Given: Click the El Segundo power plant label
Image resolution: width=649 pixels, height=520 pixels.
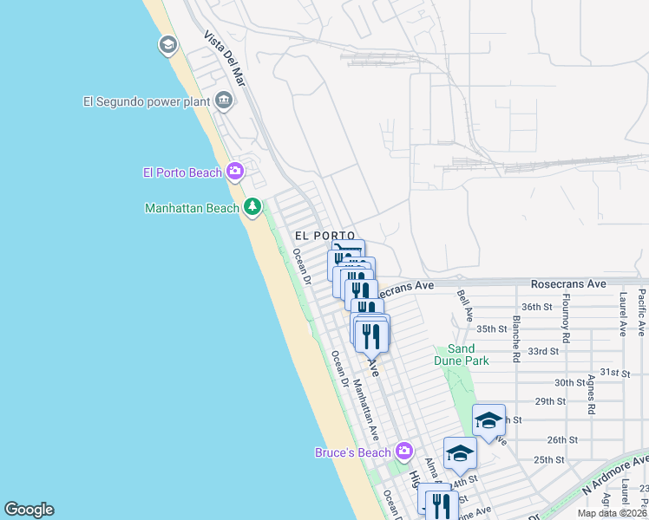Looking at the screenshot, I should coord(147,101).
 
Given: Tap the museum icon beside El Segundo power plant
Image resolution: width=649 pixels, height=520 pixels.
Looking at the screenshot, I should coord(224,101).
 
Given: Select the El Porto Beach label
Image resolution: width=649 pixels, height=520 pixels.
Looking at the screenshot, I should coord(182,172).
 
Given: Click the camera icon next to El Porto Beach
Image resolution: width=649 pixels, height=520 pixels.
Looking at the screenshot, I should coord(235,172).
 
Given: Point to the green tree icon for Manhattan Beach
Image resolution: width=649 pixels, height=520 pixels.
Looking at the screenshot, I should coord(252,207).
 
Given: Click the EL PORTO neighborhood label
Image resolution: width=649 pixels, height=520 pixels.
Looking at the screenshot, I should coord(324,236).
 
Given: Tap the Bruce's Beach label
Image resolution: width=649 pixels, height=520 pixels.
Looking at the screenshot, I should coord(353,452).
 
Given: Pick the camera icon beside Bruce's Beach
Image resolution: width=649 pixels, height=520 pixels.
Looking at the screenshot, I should coord(403,451).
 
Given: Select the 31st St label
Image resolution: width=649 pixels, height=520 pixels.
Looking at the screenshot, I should coord(613,373).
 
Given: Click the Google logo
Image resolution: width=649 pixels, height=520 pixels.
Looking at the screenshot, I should coord(29,510).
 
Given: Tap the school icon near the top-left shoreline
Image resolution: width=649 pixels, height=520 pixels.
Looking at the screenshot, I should coord(167,45).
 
